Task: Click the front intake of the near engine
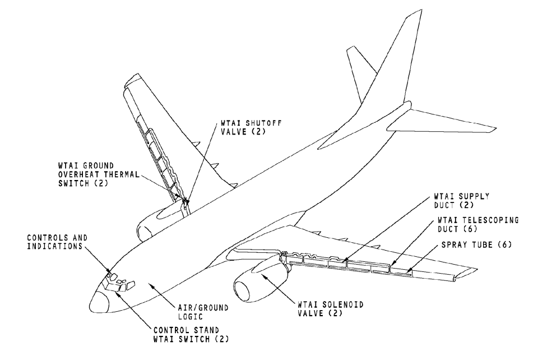[x=246, y=291]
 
